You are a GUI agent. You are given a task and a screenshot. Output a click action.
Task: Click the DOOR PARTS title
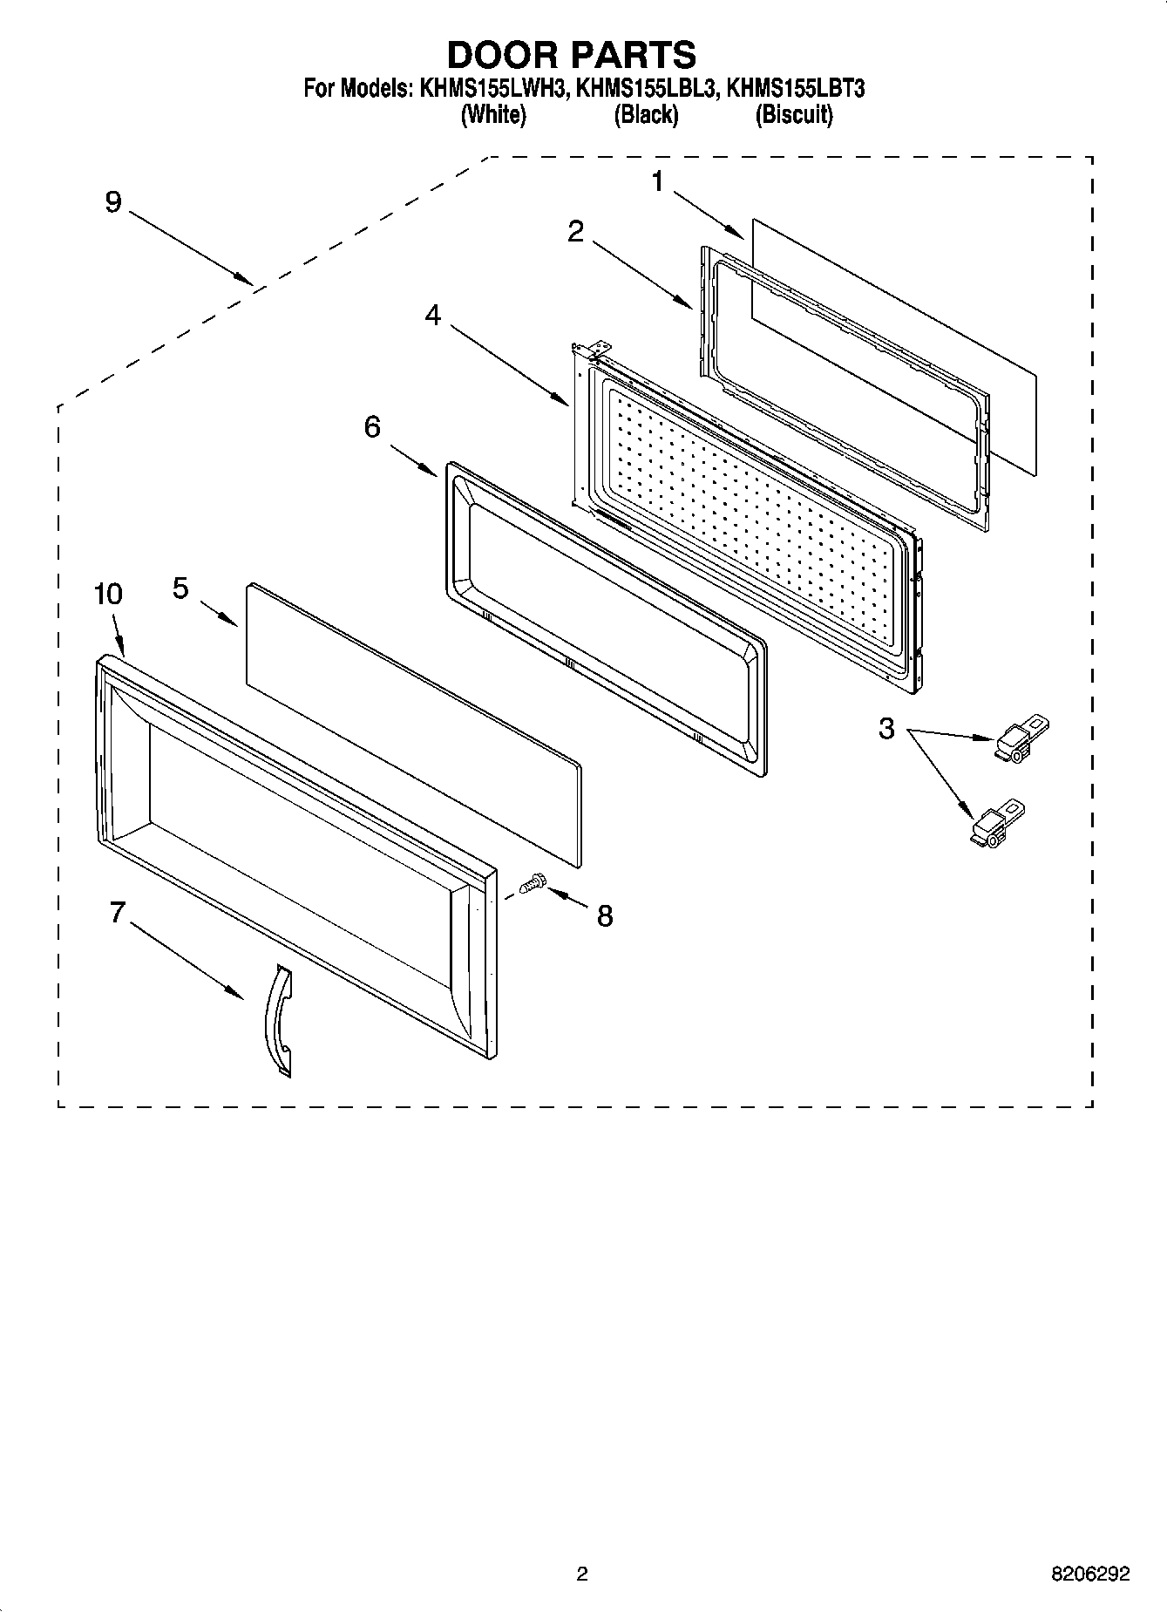click(x=571, y=54)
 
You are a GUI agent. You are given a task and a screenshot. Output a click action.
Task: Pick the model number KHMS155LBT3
click(x=795, y=89)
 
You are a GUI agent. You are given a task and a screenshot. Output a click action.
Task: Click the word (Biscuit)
click(x=793, y=114)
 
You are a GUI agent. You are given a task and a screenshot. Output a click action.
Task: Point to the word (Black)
click(x=646, y=114)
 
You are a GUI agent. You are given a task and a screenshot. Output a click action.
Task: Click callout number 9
click(x=113, y=202)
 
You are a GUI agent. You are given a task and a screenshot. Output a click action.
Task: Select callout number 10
click(x=108, y=595)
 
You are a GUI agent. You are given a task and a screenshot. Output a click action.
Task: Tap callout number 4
click(x=433, y=316)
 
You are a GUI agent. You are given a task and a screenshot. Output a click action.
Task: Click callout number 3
click(x=886, y=729)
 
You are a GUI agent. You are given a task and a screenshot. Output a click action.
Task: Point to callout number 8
click(x=604, y=915)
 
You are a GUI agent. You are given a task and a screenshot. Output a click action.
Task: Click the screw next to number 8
click(x=531, y=886)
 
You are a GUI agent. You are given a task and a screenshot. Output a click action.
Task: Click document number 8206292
click(x=1089, y=1574)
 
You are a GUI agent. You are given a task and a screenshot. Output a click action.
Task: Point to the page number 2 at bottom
click(x=582, y=1574)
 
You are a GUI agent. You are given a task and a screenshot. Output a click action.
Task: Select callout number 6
click(x=372, y=427)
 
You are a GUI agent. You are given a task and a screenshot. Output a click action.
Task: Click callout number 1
click(x=657, y=181)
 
